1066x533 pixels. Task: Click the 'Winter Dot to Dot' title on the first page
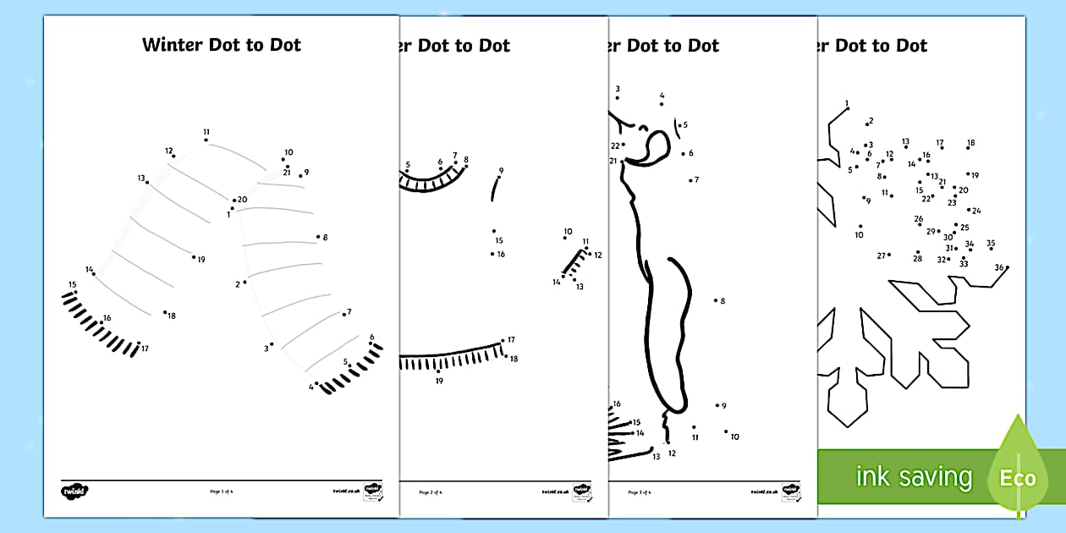coord(222,45)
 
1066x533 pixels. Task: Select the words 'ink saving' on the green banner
coord(914,476)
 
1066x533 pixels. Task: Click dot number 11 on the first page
coord(206,140)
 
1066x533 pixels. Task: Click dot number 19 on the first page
coord(194,256)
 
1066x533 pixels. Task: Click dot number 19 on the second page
coord(437,371)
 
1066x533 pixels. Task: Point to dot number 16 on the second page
coord(492,253)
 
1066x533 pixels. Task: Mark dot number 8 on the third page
coord(715,300)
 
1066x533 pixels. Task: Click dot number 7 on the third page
coord(690,179)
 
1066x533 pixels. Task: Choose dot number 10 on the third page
coord(726,431)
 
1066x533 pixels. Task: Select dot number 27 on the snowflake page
coord(889,255)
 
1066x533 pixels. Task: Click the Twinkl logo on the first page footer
coord(74,491)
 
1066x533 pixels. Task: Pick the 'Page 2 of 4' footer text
coord(431,492)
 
